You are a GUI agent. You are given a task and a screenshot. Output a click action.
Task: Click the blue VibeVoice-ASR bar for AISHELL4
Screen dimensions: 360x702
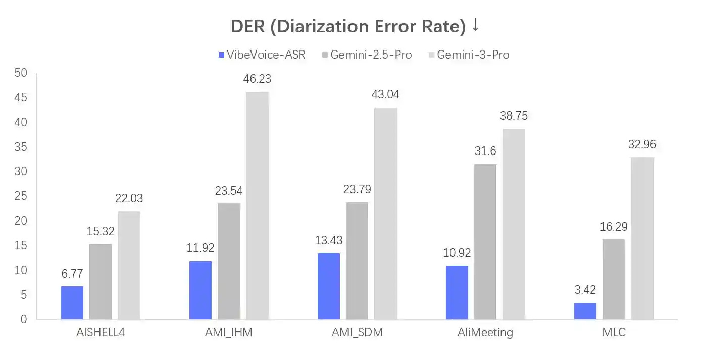point(72,303)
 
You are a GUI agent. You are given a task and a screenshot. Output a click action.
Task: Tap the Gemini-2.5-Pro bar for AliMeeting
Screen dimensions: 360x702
point(485,242)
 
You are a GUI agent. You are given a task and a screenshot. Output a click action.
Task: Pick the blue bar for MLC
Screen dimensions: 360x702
point(585,311)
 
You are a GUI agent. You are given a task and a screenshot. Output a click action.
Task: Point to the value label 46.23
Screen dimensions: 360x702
point(257,79)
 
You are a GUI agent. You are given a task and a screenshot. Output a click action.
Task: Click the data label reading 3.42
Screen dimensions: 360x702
point(585,290)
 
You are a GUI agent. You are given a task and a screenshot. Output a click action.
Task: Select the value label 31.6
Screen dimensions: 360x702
point(485,151)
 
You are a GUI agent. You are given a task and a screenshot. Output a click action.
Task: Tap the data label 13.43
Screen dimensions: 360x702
point(329,240)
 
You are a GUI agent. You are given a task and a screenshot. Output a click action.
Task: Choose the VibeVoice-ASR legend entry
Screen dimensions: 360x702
point(262,55)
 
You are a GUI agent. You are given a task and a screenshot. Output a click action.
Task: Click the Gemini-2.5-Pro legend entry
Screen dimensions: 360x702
point(367,55)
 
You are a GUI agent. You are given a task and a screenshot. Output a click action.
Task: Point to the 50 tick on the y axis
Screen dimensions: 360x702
point(20,73)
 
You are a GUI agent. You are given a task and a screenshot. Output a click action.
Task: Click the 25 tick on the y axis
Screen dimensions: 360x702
point(20,196)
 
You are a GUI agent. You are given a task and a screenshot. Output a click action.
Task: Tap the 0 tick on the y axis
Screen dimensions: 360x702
point(23,320)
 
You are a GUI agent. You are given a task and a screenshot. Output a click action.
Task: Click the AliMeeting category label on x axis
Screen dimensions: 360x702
point(485,333)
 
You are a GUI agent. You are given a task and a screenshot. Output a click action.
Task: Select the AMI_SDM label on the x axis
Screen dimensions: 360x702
point(357,333)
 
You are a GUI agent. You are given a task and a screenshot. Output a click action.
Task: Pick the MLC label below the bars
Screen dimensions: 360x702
point(614,333)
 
